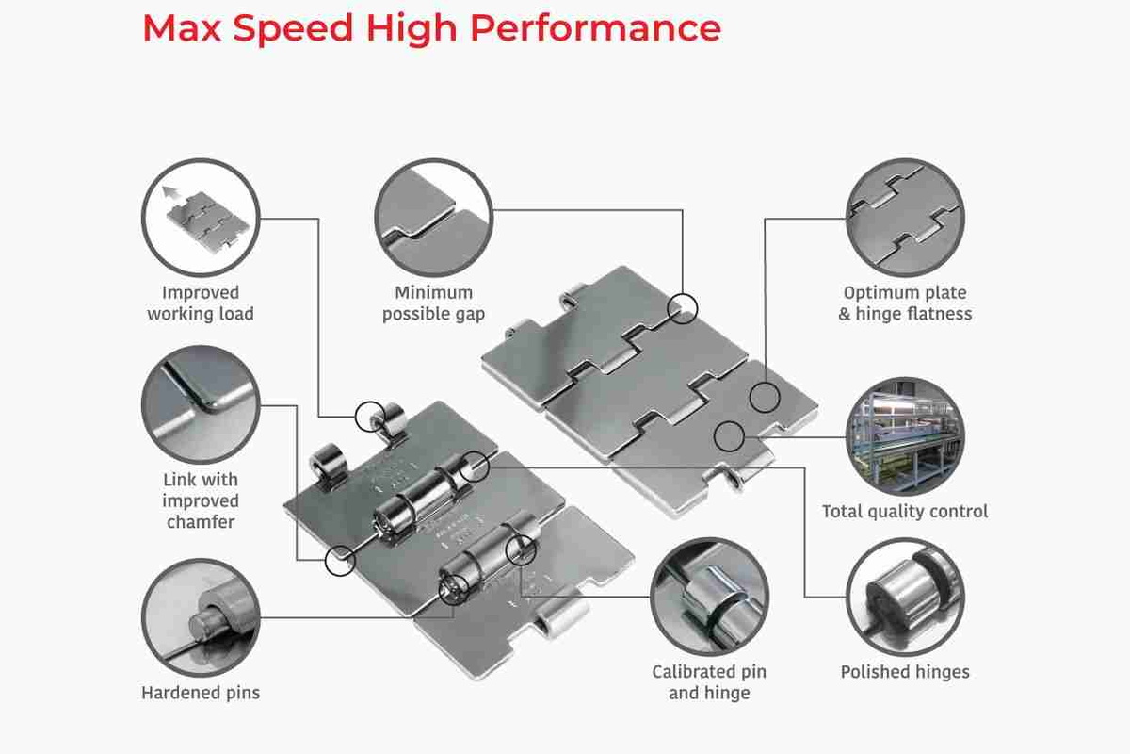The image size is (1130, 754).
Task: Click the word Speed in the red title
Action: pyautogui.click(x=293, y=29)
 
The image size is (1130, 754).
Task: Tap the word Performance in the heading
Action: pyautogui.click(x=596, y=29)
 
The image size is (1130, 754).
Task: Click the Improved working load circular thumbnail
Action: pyautogui.click(x=201, y=218)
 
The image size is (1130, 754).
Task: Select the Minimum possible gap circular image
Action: pyautogui.click(x=434, y=218)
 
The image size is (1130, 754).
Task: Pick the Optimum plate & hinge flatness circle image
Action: pyautogui.click(x=905, y=218)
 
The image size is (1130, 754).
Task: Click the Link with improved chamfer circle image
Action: pyautogui.click(x=201, y=404)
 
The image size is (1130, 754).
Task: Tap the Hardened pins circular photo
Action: pyautogui.click(x=201, y=617)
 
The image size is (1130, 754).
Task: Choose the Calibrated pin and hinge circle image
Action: pyautogui.click(x=709, y=597)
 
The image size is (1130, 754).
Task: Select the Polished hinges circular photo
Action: pyautogui.click(x=905, y=597)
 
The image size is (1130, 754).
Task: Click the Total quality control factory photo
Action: pyautogui.click(x=905, y=436)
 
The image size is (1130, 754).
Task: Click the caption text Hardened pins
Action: pyautogui.click(x=201, y=693)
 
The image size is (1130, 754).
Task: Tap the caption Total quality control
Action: pyautogui.click(x=905, y=512)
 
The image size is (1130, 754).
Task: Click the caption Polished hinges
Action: pyautogui.click(x=905, y=672)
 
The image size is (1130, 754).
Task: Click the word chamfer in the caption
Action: pyautogui.click(x=201, y=522)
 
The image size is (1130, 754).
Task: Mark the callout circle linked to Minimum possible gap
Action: pyautogui.click(x=683, y=308)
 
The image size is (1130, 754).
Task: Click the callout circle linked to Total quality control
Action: pyautogui.click(x=729, y=436)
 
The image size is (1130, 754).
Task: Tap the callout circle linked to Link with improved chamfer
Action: pyautogui.click(x=340, y=561)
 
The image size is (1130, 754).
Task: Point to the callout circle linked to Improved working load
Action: pyautogui.click(x=370, y=417)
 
